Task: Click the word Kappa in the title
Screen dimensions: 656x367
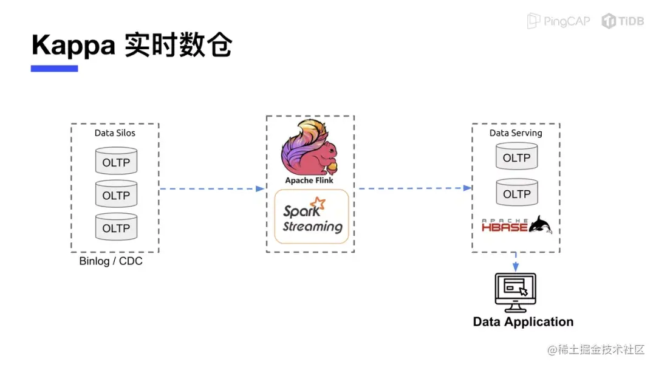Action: point(73,46)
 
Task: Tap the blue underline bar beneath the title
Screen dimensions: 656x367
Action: point(55,68)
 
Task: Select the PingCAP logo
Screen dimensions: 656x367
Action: point(559,21)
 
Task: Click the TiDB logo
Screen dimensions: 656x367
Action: point(623,21)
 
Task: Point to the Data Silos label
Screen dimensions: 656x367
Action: point(115,133)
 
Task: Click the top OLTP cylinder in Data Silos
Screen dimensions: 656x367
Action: point(116,160)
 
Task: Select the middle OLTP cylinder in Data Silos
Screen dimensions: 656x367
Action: point(116,194)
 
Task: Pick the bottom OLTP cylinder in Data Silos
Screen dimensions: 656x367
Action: point(116,227)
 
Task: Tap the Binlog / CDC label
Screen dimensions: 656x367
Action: point(111,261)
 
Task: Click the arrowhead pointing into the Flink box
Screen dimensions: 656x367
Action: point(260,189)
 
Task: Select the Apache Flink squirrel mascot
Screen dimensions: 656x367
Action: point(310,148)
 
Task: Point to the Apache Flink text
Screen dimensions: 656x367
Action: point(309,180)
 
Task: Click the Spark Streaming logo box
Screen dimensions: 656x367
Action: point(312,216)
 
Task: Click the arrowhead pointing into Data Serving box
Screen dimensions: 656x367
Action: point(467,188)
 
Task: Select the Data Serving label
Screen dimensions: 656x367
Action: point(516,133)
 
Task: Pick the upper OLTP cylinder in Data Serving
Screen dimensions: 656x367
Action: point(517,156)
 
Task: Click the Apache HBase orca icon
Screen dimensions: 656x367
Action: point(541,225)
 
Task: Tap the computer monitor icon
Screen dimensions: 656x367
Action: point(516,293)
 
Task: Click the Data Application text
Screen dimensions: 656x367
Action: point(524,322)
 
